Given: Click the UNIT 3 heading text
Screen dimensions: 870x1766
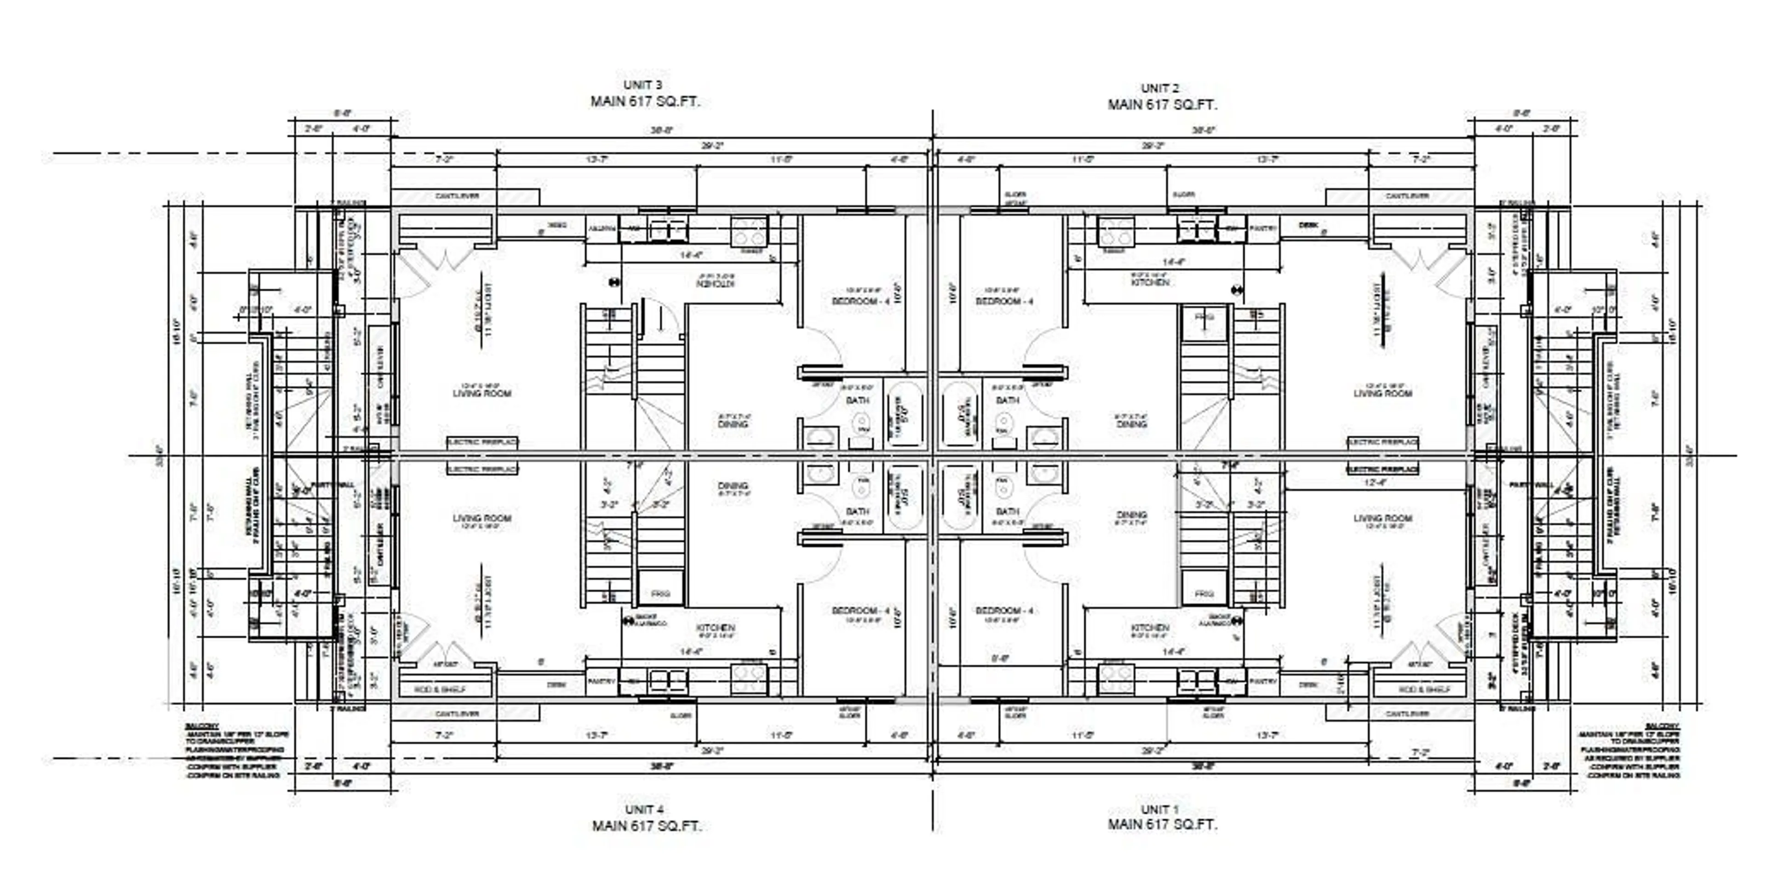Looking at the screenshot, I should click(642, 85).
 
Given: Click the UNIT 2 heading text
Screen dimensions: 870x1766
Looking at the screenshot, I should click(1159, 88).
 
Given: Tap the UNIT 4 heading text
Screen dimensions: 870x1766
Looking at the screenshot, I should click(644, 810).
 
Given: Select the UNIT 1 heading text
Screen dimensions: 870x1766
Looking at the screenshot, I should click(1159, 810).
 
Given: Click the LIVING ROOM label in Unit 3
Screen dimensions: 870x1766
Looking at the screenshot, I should click(482, 393).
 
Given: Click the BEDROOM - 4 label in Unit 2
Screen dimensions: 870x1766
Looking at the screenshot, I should click(1004, 301).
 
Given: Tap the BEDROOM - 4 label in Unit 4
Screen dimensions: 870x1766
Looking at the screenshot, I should click(860, 610).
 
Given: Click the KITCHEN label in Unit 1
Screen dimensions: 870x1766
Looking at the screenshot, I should click(1150, 627).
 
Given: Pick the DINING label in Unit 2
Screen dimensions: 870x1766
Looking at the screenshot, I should click(1131, 424).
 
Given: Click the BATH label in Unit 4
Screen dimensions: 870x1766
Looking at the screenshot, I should click(857, 511).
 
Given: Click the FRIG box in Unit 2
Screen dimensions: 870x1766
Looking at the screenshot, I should click(1204, 317).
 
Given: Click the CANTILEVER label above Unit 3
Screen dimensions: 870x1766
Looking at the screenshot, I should click(457, 196).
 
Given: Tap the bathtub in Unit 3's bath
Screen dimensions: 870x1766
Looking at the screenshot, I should click(904, 413).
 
